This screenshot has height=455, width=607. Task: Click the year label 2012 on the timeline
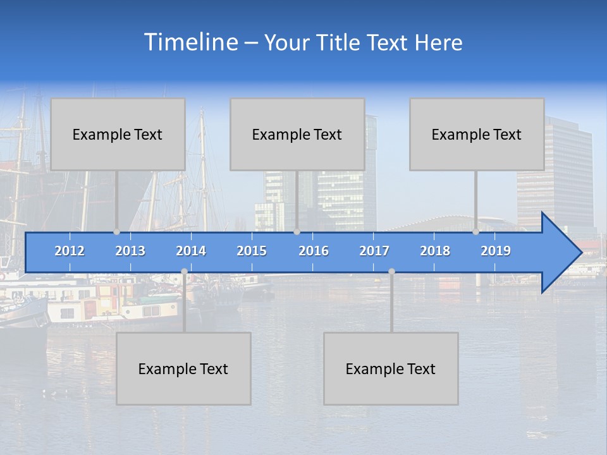pyautogui.click(x=70, y=251)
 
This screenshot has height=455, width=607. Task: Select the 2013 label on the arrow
pyautogui.click(x=130, y=251)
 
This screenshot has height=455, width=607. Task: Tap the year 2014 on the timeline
pyautogui.click(x=191, y=251)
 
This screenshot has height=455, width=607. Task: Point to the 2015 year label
pyautogui.click(x=252, y=251)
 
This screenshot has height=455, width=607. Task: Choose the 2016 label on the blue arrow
pyautogui.click(x=314, y=251)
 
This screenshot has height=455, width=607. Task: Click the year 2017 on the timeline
pyautogui.click(x=374, y=251)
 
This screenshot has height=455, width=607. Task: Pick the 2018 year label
pyautogui.click(x=435, y=251)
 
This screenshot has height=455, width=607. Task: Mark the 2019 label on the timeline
pyautogui.click(x=496, y=251)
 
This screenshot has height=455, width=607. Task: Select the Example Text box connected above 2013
pyautogui.click(x=118, y=134)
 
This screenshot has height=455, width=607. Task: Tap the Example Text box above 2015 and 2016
pyautogui.click(x=297, y=134)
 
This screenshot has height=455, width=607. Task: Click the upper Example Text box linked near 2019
pyautogui.click(x=477, y=134)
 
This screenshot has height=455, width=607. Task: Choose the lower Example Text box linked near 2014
pyautogui.click(x=183, y=368)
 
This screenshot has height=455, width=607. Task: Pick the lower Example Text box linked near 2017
pyautogui.click(x=391, y=368)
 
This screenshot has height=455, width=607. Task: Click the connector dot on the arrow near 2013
pyautogui.click(x=117, y=232)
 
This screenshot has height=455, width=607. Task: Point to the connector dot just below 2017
pyautogui.click(x=391, y=271)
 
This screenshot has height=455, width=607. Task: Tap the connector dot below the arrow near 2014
pyautogui.click(x=184, y=271)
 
